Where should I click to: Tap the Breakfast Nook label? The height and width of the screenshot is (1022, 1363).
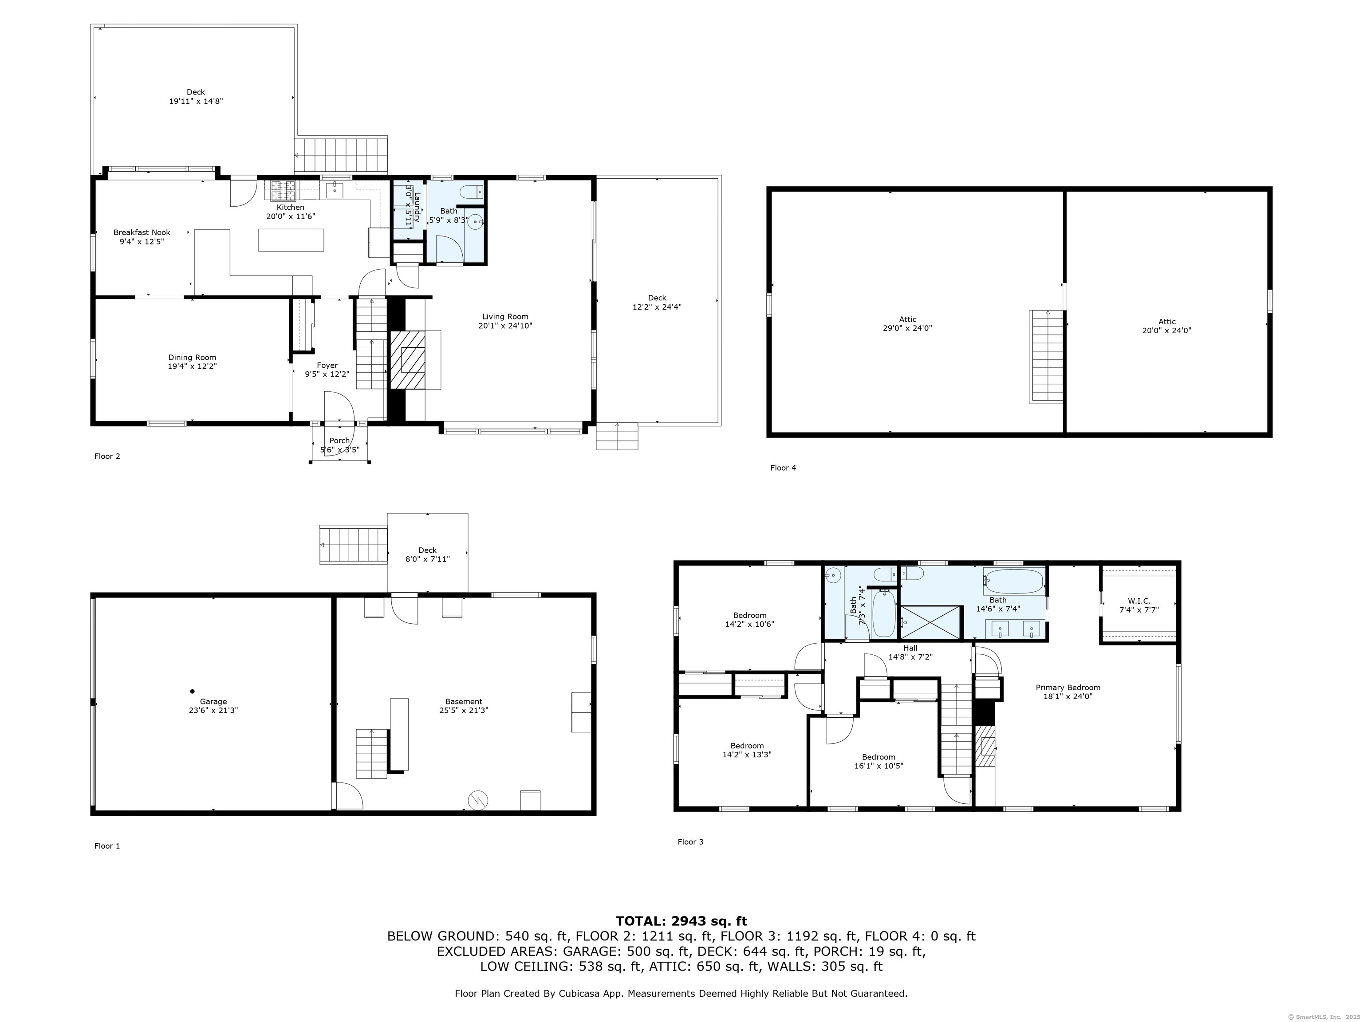point(142,232)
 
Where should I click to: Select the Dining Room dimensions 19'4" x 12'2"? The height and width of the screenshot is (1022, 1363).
point(192,366)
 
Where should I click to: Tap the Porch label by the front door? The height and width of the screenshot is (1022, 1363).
point(339,440)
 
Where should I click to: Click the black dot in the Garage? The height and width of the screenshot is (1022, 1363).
point(192,691)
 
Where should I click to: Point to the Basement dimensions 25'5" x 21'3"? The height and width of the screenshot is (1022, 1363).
point(464,710)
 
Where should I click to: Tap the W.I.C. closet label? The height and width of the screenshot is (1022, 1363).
point(1138,601)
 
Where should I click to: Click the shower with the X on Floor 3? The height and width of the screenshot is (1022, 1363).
point(930,621)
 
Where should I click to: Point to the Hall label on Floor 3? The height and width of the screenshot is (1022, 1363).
point(910,648)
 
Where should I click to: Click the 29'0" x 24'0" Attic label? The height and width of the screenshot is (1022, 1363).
point(907,319)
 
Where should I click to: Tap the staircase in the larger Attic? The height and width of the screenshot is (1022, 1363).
point(1046,357)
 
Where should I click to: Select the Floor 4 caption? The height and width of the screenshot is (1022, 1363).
point(783,468)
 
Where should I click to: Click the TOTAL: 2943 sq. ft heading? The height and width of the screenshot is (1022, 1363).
point(681,921)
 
